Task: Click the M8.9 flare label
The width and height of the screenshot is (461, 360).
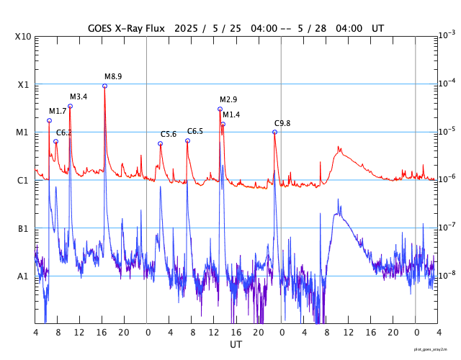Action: click(x=113, y=76)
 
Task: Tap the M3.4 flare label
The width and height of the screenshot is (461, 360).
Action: click(x=79, y=96)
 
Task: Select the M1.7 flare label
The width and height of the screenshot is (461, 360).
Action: click(x=58, y=111)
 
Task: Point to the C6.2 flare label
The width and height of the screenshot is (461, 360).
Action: click(x=64, y=132)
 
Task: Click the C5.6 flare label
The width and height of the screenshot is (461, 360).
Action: click(x=169, y=134)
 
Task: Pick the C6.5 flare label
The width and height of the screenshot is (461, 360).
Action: click(x=195, y=131)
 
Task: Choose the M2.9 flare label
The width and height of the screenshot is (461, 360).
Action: click(x=228, y=99)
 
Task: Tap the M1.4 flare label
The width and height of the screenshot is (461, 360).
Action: click(x=231, y=115)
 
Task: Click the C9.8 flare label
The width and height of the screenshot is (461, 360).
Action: click(x=282, y=123)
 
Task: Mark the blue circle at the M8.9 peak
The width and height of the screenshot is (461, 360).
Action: click(x=104, y=86)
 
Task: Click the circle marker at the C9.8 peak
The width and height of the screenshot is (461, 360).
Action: click(x=274, y=132)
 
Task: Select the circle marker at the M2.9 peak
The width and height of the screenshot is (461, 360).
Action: click(x=220, y=109)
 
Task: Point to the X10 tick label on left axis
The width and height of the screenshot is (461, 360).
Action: click(x=24, y=37)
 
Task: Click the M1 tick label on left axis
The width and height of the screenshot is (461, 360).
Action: click(x=24, y=132)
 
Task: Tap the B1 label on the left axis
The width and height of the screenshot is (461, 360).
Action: click(x=24, y=229)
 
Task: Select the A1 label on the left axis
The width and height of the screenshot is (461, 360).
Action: click(x=24, y=276)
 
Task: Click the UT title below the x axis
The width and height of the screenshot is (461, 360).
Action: click(x=236, y=345)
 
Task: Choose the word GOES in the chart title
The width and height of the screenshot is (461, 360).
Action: click(x=101, y=27)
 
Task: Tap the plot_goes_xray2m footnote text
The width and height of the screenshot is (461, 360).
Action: click(x=436, y=348)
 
